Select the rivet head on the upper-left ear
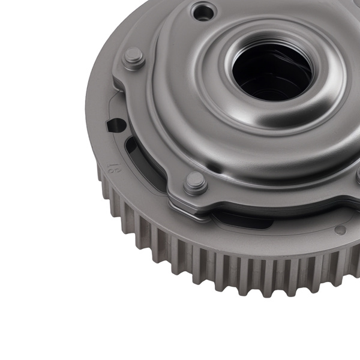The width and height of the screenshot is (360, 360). pos(134,58)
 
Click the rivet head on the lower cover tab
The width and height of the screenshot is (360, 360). pos(195,182)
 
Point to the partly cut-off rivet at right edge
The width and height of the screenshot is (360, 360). pos(356,175)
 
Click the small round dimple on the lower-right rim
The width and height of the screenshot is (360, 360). pos(340,230)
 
